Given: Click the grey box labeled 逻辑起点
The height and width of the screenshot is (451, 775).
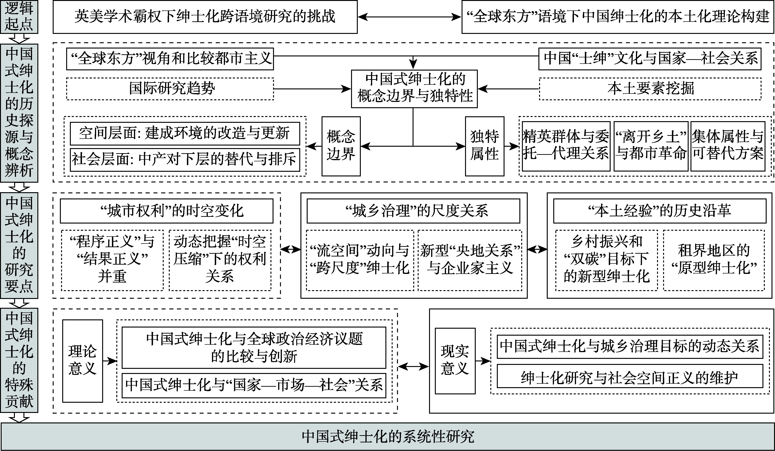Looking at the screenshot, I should (19, 17).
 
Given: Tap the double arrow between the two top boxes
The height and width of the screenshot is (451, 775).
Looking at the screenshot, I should (409, 17).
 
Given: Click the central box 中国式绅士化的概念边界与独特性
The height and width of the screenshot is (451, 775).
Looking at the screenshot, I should (414, 88).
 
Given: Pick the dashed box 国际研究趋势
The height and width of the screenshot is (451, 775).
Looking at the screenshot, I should (170, 88).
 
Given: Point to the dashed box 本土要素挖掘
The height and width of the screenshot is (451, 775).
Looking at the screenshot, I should (650, 88).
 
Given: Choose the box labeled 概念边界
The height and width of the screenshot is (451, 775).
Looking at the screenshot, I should (341, 146).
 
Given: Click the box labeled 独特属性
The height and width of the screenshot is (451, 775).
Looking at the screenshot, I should (484, 146).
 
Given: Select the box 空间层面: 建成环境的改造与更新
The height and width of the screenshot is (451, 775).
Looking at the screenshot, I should (185, 133).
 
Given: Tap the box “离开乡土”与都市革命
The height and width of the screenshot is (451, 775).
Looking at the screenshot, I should (651, 146).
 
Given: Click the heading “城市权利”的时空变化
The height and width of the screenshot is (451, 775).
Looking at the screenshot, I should (166, 211).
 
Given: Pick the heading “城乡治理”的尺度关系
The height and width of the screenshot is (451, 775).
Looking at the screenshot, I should (413, 211).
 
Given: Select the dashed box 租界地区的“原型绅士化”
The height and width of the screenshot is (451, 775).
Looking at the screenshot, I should (713, 260).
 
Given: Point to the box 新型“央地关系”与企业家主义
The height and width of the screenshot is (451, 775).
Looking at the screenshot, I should (470, 260).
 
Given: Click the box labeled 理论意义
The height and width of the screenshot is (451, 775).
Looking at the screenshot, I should (82, 361).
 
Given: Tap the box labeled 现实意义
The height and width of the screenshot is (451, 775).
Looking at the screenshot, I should (455, 361).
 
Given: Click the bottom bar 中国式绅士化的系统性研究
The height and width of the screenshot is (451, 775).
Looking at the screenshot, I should (387, 437).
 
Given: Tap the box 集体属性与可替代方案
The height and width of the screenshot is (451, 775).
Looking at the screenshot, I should (728, 146).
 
